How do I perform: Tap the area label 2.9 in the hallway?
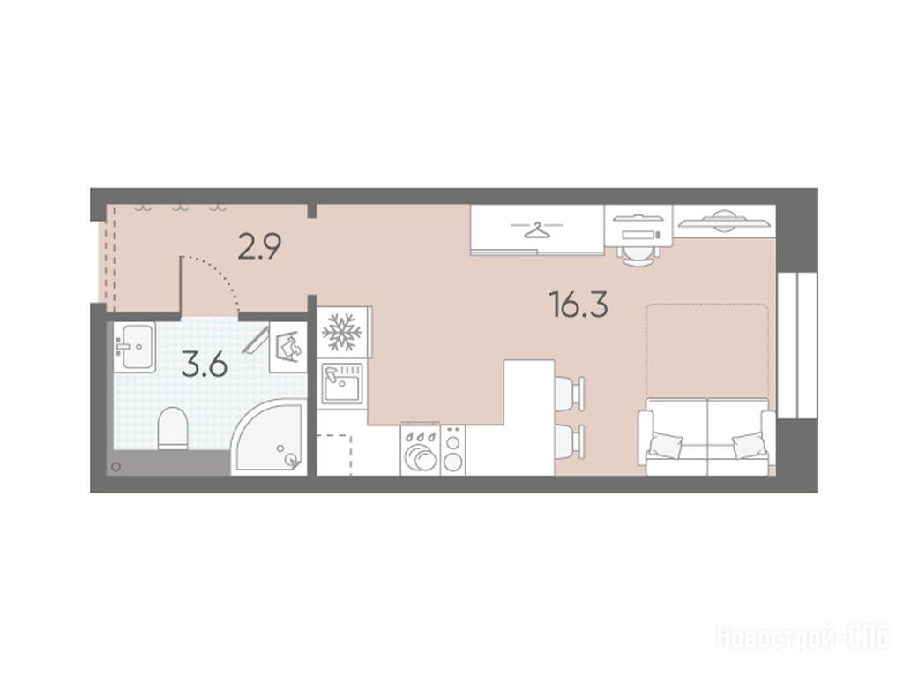click(x=260, y=246)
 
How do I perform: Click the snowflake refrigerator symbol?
click(x=341, y=332)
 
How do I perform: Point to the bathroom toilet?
click(x=173, y=428)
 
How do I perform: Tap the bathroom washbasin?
click(x=135, y=347)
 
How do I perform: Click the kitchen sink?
click(x=341, y=383)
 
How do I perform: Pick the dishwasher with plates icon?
click(x=421, y=451)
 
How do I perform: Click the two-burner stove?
click(x=453, y=451)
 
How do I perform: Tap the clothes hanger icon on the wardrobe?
click(x=537, y=229)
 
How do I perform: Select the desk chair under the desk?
click(x=638, y=254)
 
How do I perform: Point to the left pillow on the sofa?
click(x=666, y=446)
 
